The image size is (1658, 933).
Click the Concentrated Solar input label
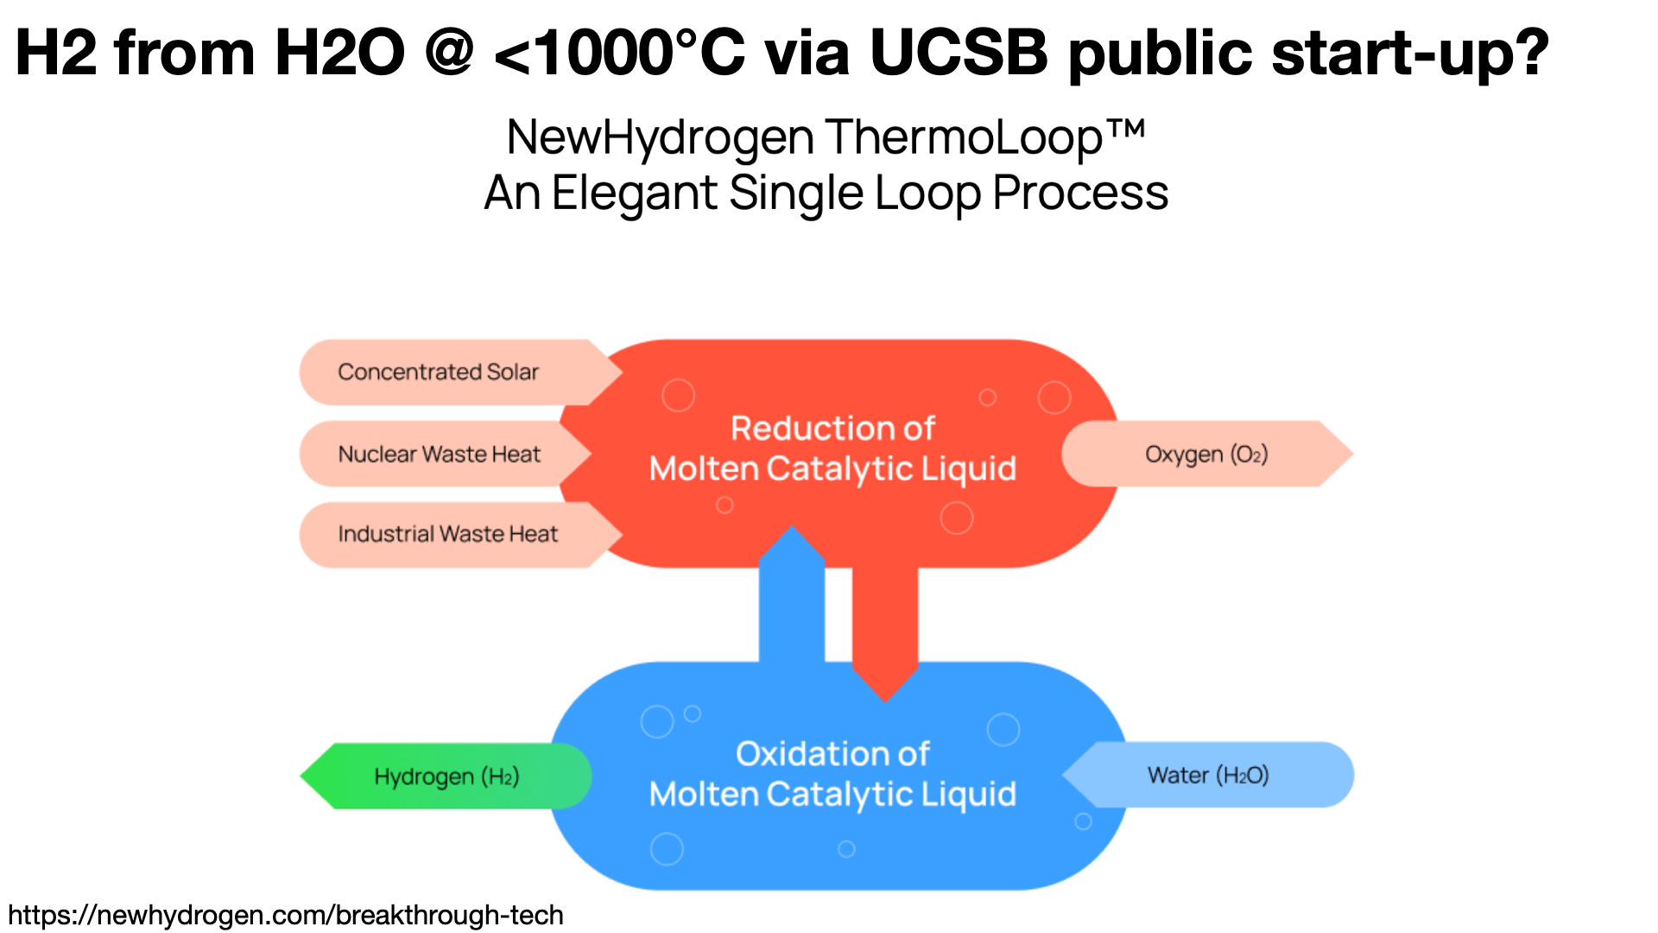pos(438,372)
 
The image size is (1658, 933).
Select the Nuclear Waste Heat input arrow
pos(439,454)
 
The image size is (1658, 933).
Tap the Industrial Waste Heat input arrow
pos(447,535)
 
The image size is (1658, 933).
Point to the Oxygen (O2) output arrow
pos(1206,454)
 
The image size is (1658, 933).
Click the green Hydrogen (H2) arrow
pos(446,777)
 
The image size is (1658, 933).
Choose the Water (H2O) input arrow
pos(1207,775)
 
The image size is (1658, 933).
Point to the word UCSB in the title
pos(959,54)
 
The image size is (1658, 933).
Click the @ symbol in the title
pos(449,54)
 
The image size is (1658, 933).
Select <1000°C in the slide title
pos(618,54)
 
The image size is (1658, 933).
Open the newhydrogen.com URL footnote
pos(286,915)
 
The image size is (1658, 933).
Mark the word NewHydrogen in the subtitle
pos(661,138)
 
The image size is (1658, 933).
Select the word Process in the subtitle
pos(1080,194)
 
